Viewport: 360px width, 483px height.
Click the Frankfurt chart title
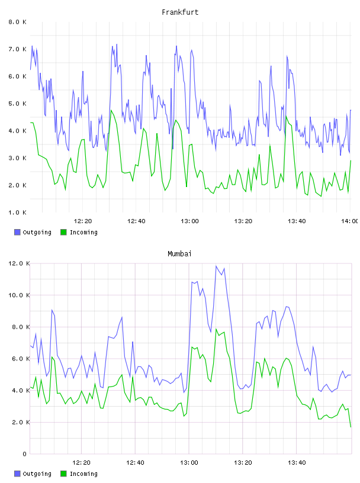pyautogui.click(x=180, y=12)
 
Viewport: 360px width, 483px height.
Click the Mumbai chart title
pyautogui.click(x=179, y=254)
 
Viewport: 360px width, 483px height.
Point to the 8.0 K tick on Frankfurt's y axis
pyautogui.click(x=17, y=22)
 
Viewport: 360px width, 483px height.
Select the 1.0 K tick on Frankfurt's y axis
pyautogui.click(x=17, y=212)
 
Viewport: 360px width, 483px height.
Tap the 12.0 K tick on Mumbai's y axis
pyautogui.click(x=19, y=263)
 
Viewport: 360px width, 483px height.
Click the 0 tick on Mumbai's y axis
pyautogui.click(x=25, y=454)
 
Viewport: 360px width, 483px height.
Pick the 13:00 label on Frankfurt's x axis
pyautogui.click(x=189, y=221)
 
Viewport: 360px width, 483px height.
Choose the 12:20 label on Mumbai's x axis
pyautogui.click(x=81, y=463)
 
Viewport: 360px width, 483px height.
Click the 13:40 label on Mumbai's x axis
pyautogui.click(x=297, y=463)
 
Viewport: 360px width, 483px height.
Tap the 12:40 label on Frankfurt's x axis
pyautogui.click(x=136, y=221)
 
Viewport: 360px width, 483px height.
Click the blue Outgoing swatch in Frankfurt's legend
pyautogui.click(x=17, y=232)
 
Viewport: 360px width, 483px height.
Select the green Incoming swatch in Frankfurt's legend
pyautogui.click(x=63, y=232)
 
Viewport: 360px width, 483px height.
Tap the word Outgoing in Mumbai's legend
pyautogui.click(x=37, y=474)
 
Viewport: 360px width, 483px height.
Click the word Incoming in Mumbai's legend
pyautogui.click(x=83, y=474)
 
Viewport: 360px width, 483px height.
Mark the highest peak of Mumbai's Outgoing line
pyautogui.click(x=216, y=266)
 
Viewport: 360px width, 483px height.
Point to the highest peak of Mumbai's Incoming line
pyautogui.click(x=216, y=329)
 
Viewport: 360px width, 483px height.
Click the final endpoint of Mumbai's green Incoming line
pyautogui.click(x=351, y=427)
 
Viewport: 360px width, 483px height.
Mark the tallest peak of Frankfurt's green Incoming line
pyautogui.click(x=111, y=110)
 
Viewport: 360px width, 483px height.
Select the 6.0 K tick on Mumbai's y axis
pyautogui.click(x=19, y=359)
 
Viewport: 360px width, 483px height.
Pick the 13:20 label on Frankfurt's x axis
pyautogui.click(x=243, y=221)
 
